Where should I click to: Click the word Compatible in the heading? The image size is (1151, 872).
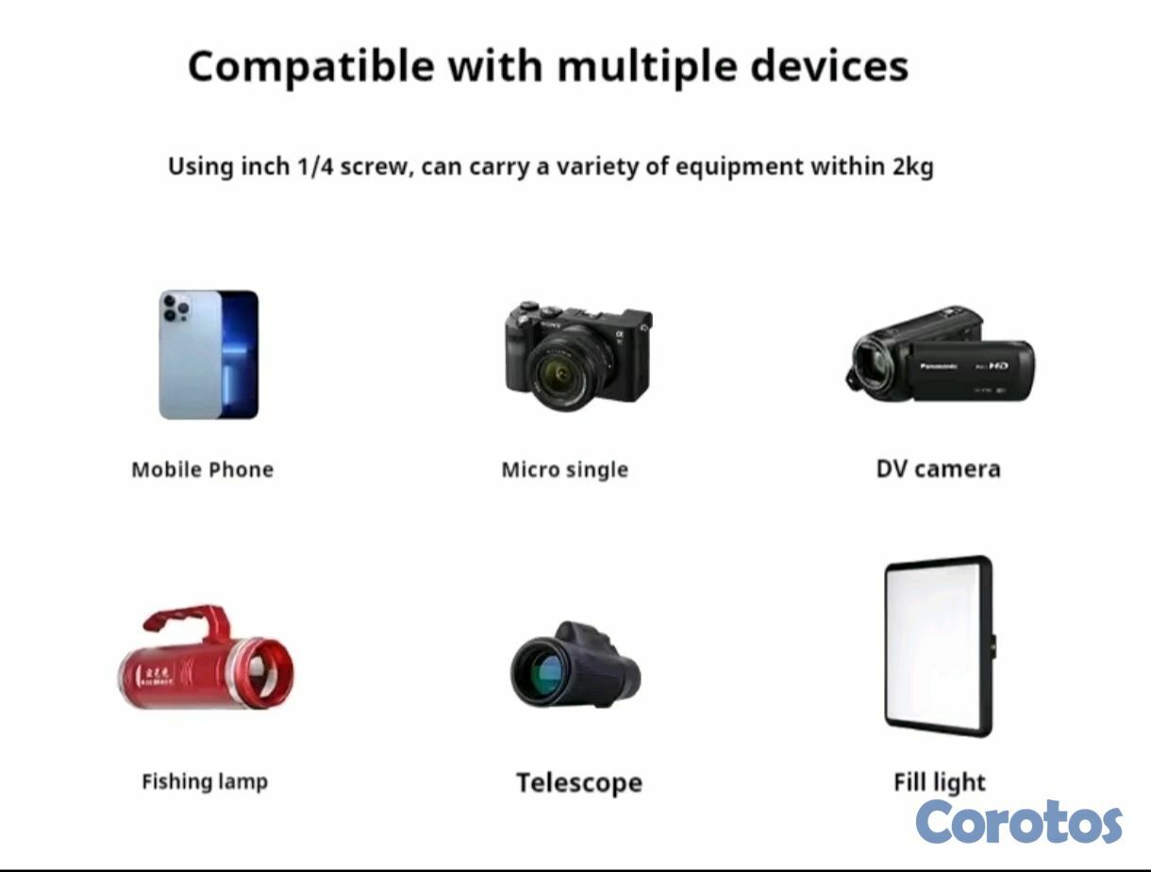pyautogui.click(x=311, y=67)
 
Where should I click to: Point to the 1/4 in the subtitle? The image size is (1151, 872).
pyautogui.click(x=314, y=167)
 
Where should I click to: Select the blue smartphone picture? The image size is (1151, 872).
pyautogui.click(x=209, y=355)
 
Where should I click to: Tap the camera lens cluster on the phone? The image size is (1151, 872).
pyautogui.click(x=176, y=308)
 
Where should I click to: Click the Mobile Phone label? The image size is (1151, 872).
pyautogui.click(x=203, y=469)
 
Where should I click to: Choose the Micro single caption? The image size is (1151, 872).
pyautogui.click(x=565, y=470)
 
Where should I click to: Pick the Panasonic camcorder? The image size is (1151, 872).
pyautogui.click(x=941, y=354)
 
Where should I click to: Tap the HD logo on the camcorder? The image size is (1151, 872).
pyautogui.click(x=998, y=365)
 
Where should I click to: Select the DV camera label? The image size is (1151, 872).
pyautogui.click(x=939, y=469)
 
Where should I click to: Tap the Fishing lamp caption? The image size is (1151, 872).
pyautogui.click(x=205, y=781)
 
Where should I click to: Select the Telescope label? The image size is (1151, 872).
pyautogui.click(x=579, y=783)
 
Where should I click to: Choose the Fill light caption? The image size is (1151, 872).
pyautogui.click(x=939, y=782)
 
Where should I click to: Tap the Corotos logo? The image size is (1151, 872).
pyautogui.click(x=1019, y=822)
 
